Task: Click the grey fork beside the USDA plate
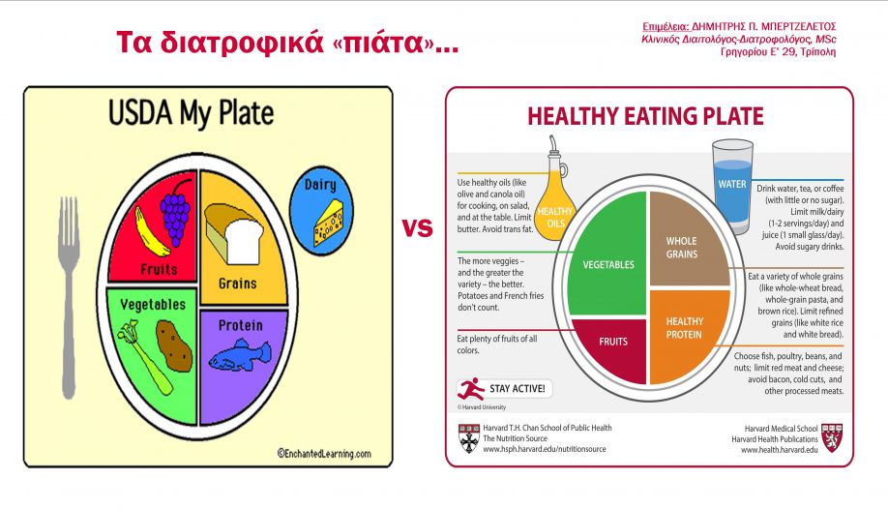point(69,295)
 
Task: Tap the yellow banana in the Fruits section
point(150,232)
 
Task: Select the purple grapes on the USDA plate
point(176,213)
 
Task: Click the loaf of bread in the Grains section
point(234,233)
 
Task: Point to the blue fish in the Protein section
point(240,355)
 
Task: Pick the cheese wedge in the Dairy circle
point(329,224)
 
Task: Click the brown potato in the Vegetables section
point(174,345)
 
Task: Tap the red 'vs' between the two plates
point(417,227)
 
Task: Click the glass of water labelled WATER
point(732,187)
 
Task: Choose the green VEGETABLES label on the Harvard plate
point(608,265)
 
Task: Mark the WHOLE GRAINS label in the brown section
point(681,248)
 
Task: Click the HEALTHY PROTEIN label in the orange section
point(684,328)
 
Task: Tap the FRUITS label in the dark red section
point(613,342)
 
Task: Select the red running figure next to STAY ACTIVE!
point(471,389)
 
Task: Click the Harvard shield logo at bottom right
point(832,438)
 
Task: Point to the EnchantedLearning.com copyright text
point(324,454)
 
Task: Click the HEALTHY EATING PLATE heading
point(645,116)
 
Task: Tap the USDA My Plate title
point(191,113)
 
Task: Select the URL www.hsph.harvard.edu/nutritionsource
point(545,449)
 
